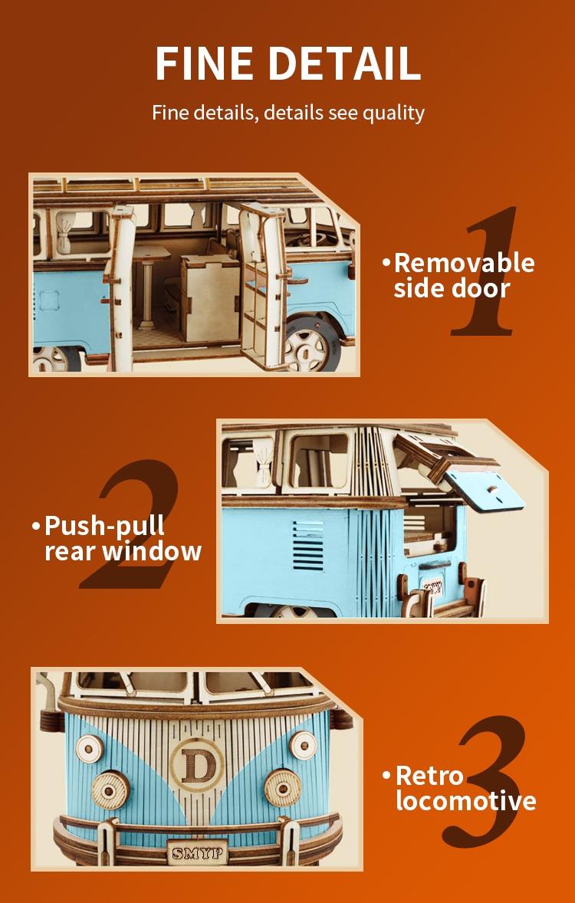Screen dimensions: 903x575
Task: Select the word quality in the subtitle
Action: (x=393, y=113)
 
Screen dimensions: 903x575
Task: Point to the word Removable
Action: (x=464, y=263)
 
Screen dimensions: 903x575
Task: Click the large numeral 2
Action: (x=130, y=525)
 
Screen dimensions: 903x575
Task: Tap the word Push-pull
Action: (x=104, y=526)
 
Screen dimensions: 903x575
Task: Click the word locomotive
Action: (x=465, y=801)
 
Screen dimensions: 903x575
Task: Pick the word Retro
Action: (x=429, y=775)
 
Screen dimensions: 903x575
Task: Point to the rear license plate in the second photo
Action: (x=434, y=589)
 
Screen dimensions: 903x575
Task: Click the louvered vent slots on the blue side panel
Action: (x=307, y=545)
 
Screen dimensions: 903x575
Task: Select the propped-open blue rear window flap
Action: (x=485, y=490)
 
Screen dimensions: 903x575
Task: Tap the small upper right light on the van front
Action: (x=303, y=742)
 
